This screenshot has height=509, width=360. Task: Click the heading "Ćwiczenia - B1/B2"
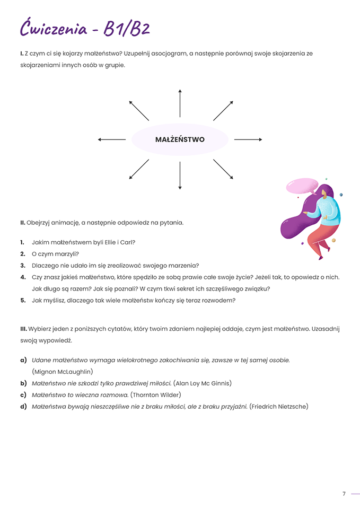click(x=85, y=27)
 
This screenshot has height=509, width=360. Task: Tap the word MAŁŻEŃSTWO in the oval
click(x=180, y=139)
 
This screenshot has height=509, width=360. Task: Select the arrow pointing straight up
click(x=180, y=103)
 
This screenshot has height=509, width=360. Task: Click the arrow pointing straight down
click(x=180, y=175)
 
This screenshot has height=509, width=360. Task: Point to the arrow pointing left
click(x=112, y=139)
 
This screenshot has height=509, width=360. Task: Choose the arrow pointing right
click(x=248, y=139)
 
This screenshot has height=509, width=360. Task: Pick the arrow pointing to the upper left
click(x=139, y=110)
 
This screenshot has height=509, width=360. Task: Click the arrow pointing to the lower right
click(x=223, y=169)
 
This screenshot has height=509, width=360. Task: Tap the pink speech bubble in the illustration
click(x=301, y=186)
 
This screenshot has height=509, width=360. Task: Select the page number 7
click(x=344, y=494)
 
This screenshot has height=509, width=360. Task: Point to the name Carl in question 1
click(x=126, y=242)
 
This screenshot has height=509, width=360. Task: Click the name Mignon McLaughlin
click(x=63, y=371)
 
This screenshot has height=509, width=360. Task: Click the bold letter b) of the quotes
click(x=23, y=383)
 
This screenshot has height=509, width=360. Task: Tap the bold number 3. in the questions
click(x=23, y=266)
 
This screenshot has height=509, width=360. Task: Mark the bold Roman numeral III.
click(x=23, y=329)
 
